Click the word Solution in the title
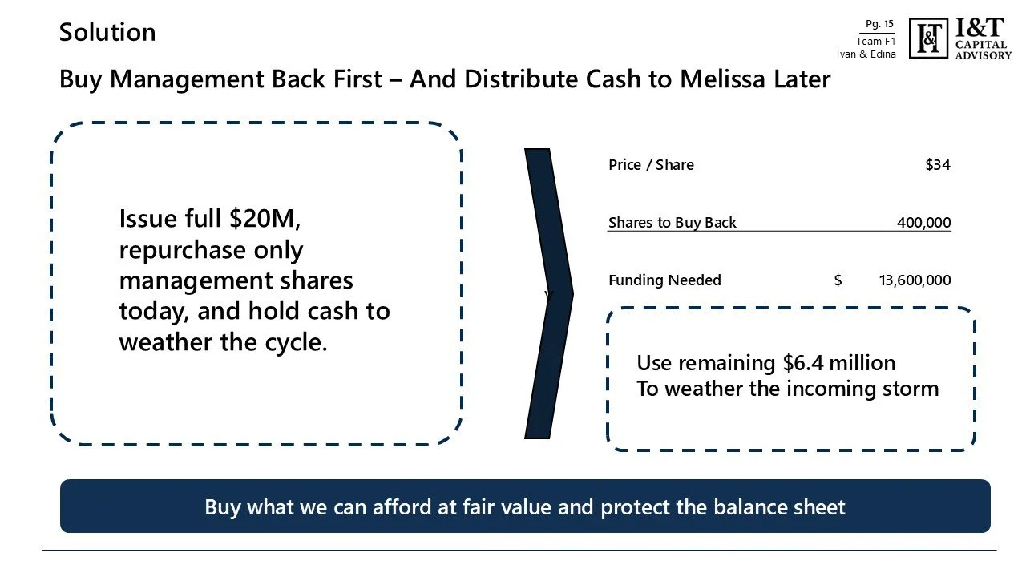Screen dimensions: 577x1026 pos(107,33)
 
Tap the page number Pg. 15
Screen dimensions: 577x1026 pos(879,24)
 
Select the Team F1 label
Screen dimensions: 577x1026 pos(875,42)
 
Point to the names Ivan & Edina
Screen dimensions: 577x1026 pos(866,54)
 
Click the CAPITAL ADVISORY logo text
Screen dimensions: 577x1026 pos(983,50)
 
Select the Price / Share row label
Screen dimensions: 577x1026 pos(651,165)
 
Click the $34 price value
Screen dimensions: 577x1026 pos(937,165)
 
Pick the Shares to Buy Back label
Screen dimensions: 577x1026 pos(672,223)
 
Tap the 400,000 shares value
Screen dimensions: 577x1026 pos(923,223)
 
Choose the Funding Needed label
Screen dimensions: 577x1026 pos(664,280)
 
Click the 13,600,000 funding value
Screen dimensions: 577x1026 pos(915,280)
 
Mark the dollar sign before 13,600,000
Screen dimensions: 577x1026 pos(838,280)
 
